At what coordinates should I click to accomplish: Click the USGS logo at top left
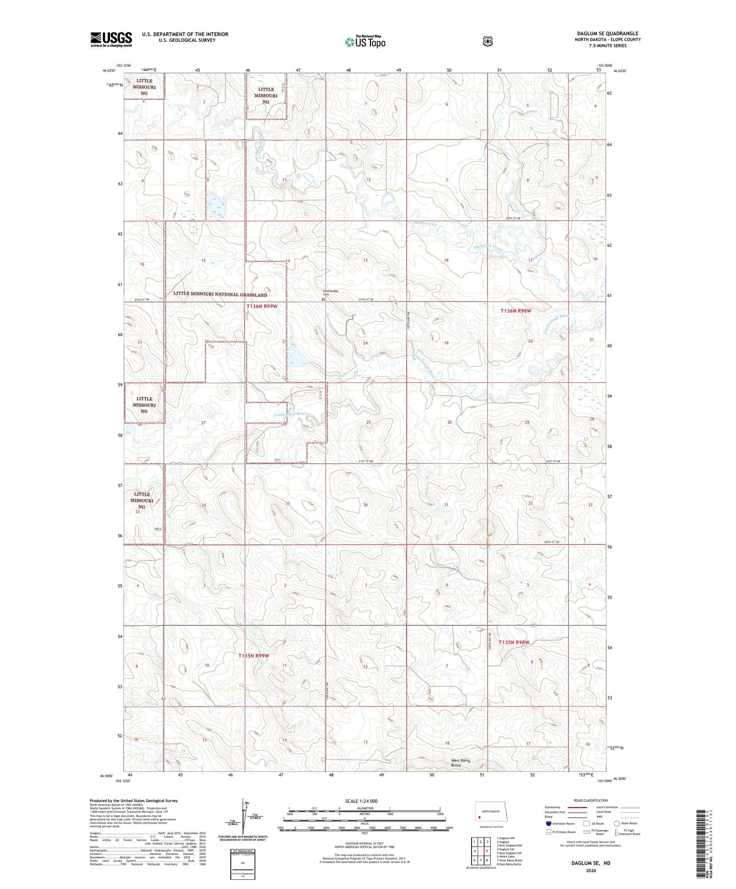click(x=111, y=39)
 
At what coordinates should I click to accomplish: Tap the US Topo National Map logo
click(x=365, y=41)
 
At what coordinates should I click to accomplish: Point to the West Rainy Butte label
click(x=460, y=763)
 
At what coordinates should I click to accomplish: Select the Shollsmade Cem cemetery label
click(x=330, y=293)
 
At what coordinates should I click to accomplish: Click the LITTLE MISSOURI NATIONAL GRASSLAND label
click(x=220, y=294)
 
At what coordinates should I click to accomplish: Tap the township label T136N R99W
click(x=262, y=306)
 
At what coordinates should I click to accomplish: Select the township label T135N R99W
click(x=253, y=656)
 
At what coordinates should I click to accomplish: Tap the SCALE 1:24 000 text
click(x=361, y=801)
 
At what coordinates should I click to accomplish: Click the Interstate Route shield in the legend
click(x=548, y=823)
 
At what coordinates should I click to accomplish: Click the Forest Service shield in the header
click(x=487, y=41)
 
